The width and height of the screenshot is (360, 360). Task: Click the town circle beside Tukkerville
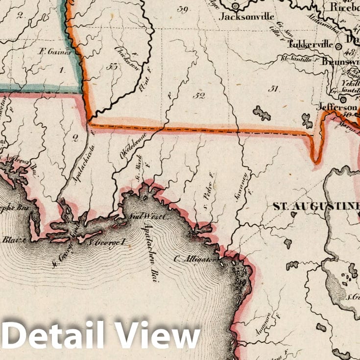pos(338,46)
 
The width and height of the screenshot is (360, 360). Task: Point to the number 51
pos(273,89)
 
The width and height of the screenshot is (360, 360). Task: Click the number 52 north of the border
pos(198,96)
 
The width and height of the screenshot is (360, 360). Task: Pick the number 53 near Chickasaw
pos(115,67)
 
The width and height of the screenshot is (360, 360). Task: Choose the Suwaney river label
pos(245,185)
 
